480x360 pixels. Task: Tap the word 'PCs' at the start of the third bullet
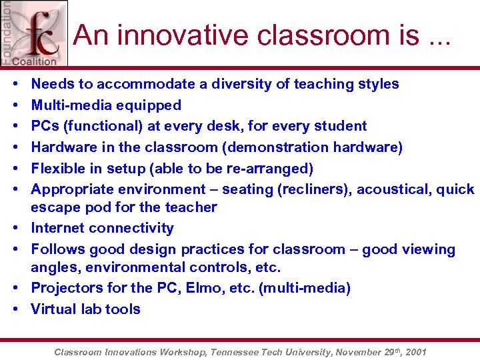coord(45,126)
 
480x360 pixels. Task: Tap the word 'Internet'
coord(57,228)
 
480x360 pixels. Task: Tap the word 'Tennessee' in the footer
coord(241,351)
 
